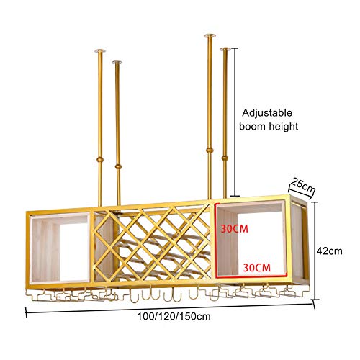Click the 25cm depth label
point(302,185)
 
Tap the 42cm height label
point(329,251)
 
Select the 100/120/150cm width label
point(174,316)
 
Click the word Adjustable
point(267,113)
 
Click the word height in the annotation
point(284,126)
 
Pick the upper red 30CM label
point(234,229)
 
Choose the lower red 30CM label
point(257,267)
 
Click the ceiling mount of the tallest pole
point(210,36)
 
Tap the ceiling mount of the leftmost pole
point(99,50)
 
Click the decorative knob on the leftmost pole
point(100,159)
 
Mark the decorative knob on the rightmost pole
point(225,158)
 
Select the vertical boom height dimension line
point(235,122)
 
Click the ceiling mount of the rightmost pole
point(225,50)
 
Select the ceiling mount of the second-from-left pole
point(117,63)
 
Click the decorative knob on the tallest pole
point(210,150)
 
